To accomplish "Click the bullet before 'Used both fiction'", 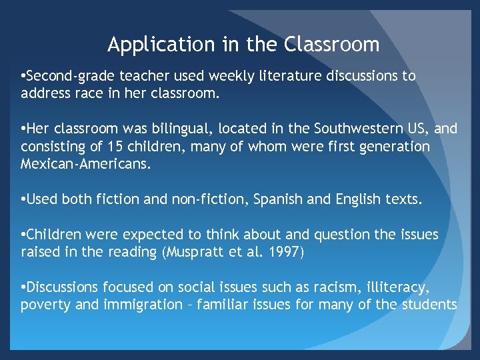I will pyautogui.click(x=23, y=199).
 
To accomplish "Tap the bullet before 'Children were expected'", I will pyautogui.click(x=23, y=235).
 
